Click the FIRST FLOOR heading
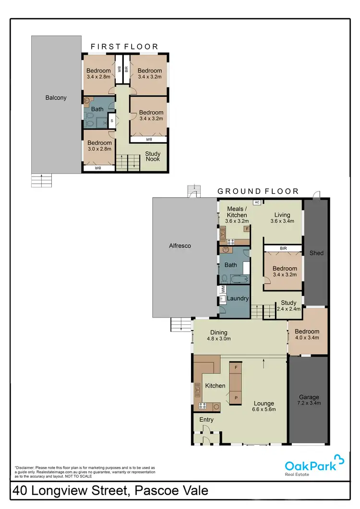(x=125, y=47)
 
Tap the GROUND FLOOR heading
(x=258, y=191)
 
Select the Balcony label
(x=56, y=98)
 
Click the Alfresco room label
(x=180, y=246)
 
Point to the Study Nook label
(x=153, y=157)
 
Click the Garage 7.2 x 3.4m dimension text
(x=308, y=403)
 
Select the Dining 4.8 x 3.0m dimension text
(x=219, y=339)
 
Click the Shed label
(x=316, y=253)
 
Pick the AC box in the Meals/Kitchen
(x=257, y=202)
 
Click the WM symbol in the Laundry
(x=223, y=290)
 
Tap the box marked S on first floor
(x=111, y=121)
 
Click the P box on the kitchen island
(x=236, y=398)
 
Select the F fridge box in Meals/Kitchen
(x=247, y=229)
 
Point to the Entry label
(x=206, y=420)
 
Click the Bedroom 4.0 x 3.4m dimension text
(x=307, y=338)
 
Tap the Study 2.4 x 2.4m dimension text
(x=288, y=309)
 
